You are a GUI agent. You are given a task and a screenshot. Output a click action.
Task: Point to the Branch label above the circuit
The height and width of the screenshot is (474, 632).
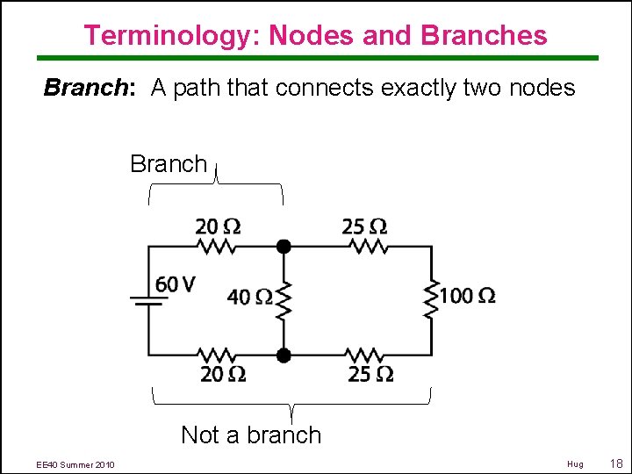coord(169,163)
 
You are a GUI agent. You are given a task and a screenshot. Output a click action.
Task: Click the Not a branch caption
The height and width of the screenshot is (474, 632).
coord(251,434)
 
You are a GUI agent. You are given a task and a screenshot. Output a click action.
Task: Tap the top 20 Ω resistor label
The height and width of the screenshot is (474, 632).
coord(218,227)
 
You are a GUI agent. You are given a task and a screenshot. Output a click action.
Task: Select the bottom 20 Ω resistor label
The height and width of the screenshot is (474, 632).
coord(223,375)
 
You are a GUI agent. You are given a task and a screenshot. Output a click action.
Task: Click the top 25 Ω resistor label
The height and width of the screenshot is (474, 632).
coord(365,227)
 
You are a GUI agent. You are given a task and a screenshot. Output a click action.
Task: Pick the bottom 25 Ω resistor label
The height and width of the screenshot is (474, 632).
coord(370,375)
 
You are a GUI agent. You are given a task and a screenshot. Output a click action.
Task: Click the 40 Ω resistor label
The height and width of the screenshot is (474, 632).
coord(249,298)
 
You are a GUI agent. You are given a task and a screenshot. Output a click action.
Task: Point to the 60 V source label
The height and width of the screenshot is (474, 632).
coord(176,284)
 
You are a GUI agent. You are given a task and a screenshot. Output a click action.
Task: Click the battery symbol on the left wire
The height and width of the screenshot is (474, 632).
coord(148,300)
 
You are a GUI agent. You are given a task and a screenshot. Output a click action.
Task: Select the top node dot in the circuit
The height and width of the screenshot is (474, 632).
coord(284,247)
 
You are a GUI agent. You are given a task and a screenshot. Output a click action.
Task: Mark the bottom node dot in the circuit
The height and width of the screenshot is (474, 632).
coord(284,355)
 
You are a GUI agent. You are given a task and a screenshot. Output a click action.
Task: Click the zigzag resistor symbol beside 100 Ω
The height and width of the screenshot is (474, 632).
coord(431,298)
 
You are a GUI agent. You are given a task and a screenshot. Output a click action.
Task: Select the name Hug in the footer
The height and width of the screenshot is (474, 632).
coord(575,463)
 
